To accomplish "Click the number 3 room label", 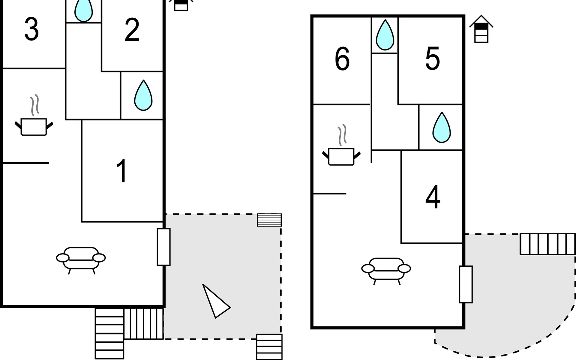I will tap(31, 29).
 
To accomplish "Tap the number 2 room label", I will tap(132, 30).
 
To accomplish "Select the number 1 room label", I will tap(122, 171).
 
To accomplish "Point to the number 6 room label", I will tap(342, 59).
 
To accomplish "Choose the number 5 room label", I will tap(432, 59).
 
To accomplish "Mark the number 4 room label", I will tap(433, 197).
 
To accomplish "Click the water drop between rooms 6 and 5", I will tap(385, 35).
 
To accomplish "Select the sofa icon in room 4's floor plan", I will tap(386, 270).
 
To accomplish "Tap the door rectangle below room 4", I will tap(466, 284).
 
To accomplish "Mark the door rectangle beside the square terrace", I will tap(163, 247).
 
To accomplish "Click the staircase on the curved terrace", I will tap(547, 244).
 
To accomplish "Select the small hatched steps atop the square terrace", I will tap(269, 220).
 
